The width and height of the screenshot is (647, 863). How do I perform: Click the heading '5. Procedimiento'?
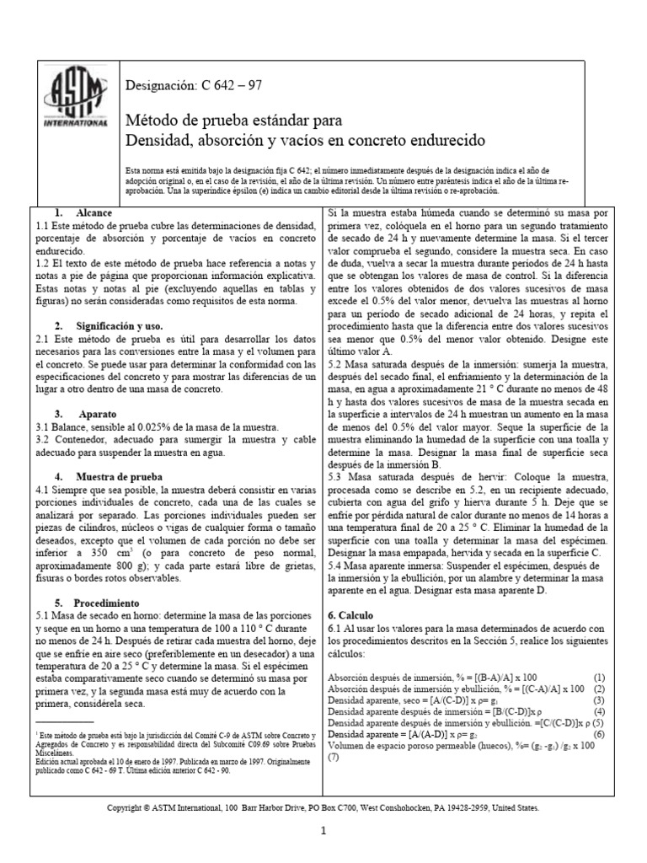pos(98,603)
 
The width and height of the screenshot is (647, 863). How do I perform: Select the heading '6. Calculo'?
pos(350,616)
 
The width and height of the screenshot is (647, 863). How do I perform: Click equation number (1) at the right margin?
pos(599,677)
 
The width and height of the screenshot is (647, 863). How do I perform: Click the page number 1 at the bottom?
pos(323,831)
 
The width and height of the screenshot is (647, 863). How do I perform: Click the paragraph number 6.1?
pos(336,630)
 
